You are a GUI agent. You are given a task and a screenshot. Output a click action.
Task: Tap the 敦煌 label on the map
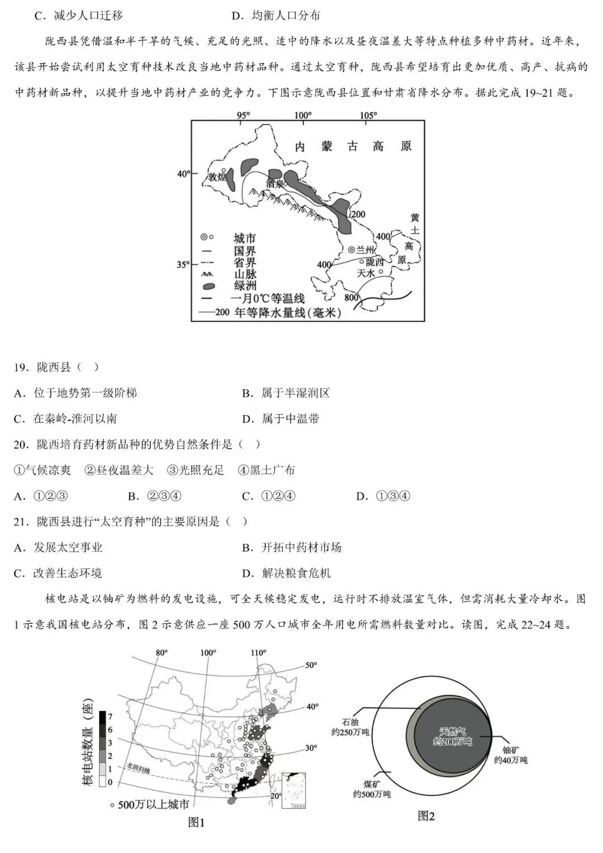tap(218, 177)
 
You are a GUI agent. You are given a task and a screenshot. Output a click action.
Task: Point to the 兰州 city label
tap(364, 250)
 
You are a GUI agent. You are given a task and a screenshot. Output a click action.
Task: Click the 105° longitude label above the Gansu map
tap(368, 116)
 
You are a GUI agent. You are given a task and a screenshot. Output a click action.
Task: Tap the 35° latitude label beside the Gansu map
tap(183, 264)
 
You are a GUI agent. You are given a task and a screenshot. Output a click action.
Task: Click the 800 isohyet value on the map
tap(351, 297)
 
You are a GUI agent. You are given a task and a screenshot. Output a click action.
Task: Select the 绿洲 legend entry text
tap(245, 286)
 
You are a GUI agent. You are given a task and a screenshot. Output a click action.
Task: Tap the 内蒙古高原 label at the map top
tap(353, 146)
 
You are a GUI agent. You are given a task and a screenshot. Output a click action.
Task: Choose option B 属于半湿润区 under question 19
tap(286, 393)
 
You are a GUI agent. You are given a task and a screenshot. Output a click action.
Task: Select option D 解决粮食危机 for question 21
tap(286, 573)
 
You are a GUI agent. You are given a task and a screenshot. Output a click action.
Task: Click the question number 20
tap(21, 444)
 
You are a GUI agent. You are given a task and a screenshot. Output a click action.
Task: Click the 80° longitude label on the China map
tap(162, 652)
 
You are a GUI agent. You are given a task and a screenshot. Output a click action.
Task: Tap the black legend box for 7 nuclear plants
tap(103, 717)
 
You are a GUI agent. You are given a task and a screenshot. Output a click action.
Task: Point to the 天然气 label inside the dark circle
tap(452, 732)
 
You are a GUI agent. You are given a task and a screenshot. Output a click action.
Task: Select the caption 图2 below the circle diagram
tap(426, 816)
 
